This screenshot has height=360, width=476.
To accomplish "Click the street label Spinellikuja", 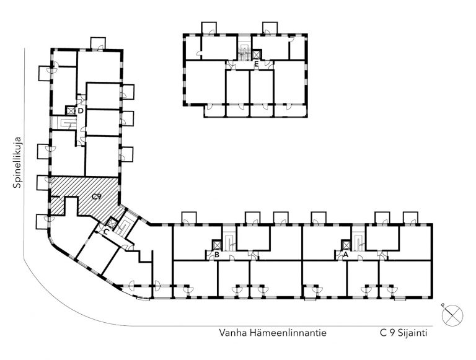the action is click(17, 163).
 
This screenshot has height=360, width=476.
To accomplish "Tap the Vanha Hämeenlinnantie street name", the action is click(273, 333).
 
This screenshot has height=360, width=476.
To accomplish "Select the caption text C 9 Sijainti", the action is click(403, 333).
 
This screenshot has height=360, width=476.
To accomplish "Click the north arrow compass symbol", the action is click(452, 315).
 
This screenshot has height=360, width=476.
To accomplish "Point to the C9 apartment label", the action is click(96, 196).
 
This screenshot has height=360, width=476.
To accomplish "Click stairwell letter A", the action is click(345, 255).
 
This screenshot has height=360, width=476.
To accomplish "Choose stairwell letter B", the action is click(217, 255).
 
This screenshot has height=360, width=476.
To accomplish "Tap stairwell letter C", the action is click(106, 232).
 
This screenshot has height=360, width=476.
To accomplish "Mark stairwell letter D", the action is click(81, 111).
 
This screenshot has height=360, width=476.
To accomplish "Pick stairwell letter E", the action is click(257, 64).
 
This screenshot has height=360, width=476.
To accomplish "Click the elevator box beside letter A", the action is click(346, 245).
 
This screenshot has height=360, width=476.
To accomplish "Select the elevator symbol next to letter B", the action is click(218, 245).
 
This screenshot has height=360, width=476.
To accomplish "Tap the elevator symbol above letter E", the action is click(257, 55).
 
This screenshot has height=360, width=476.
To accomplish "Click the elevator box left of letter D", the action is click(71, 110).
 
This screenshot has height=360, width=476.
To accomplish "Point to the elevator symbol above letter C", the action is click(112, 223).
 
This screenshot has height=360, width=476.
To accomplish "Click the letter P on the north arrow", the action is click(443, 305).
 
